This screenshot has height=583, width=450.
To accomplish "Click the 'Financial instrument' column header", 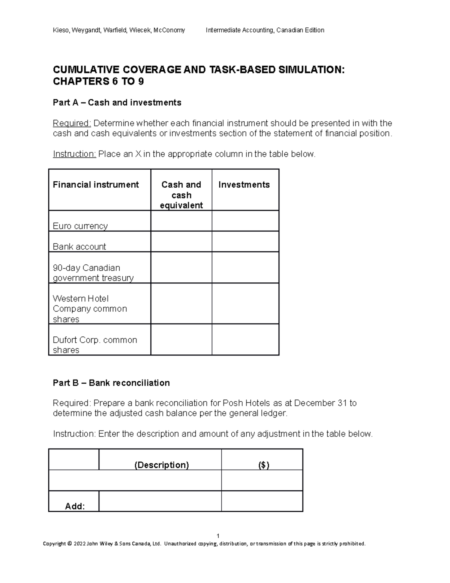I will click(x=96, y=185).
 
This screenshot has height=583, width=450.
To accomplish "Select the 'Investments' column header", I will click(x=244, y=185).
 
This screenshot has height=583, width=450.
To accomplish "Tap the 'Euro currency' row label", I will click(x=80, y=226).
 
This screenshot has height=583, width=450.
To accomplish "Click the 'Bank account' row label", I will click(x=79, y=247).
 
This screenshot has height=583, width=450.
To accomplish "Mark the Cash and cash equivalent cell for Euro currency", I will click(x=181, y=221).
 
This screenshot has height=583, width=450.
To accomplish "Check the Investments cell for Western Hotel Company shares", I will click(x=245, y=303).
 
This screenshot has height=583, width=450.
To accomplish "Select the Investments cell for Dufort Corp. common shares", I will click(x=245, y=339).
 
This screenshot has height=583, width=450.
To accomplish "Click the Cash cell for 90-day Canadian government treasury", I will click(x=181, y=267).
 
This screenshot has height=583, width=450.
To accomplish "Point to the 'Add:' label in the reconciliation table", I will click(x=75, y=506).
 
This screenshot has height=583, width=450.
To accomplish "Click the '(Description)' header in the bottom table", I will click(x=162, y=465).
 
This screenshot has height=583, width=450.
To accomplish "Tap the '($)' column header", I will click(x=264, y=465).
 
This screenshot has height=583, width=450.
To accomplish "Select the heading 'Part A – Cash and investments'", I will click(x=117, y=102).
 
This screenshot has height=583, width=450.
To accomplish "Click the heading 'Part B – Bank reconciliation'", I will click(x=111, y=383).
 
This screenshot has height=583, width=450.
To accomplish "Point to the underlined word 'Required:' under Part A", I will click(x=72, y=123).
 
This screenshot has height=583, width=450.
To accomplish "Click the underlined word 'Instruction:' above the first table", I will click(x=74, y=154).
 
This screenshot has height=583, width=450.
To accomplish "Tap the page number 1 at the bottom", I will click(x=218, y=536).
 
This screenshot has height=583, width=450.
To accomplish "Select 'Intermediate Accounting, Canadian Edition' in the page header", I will click(x=265, y=30).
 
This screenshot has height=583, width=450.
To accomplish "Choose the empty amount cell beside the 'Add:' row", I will click(x=262, y=501).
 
